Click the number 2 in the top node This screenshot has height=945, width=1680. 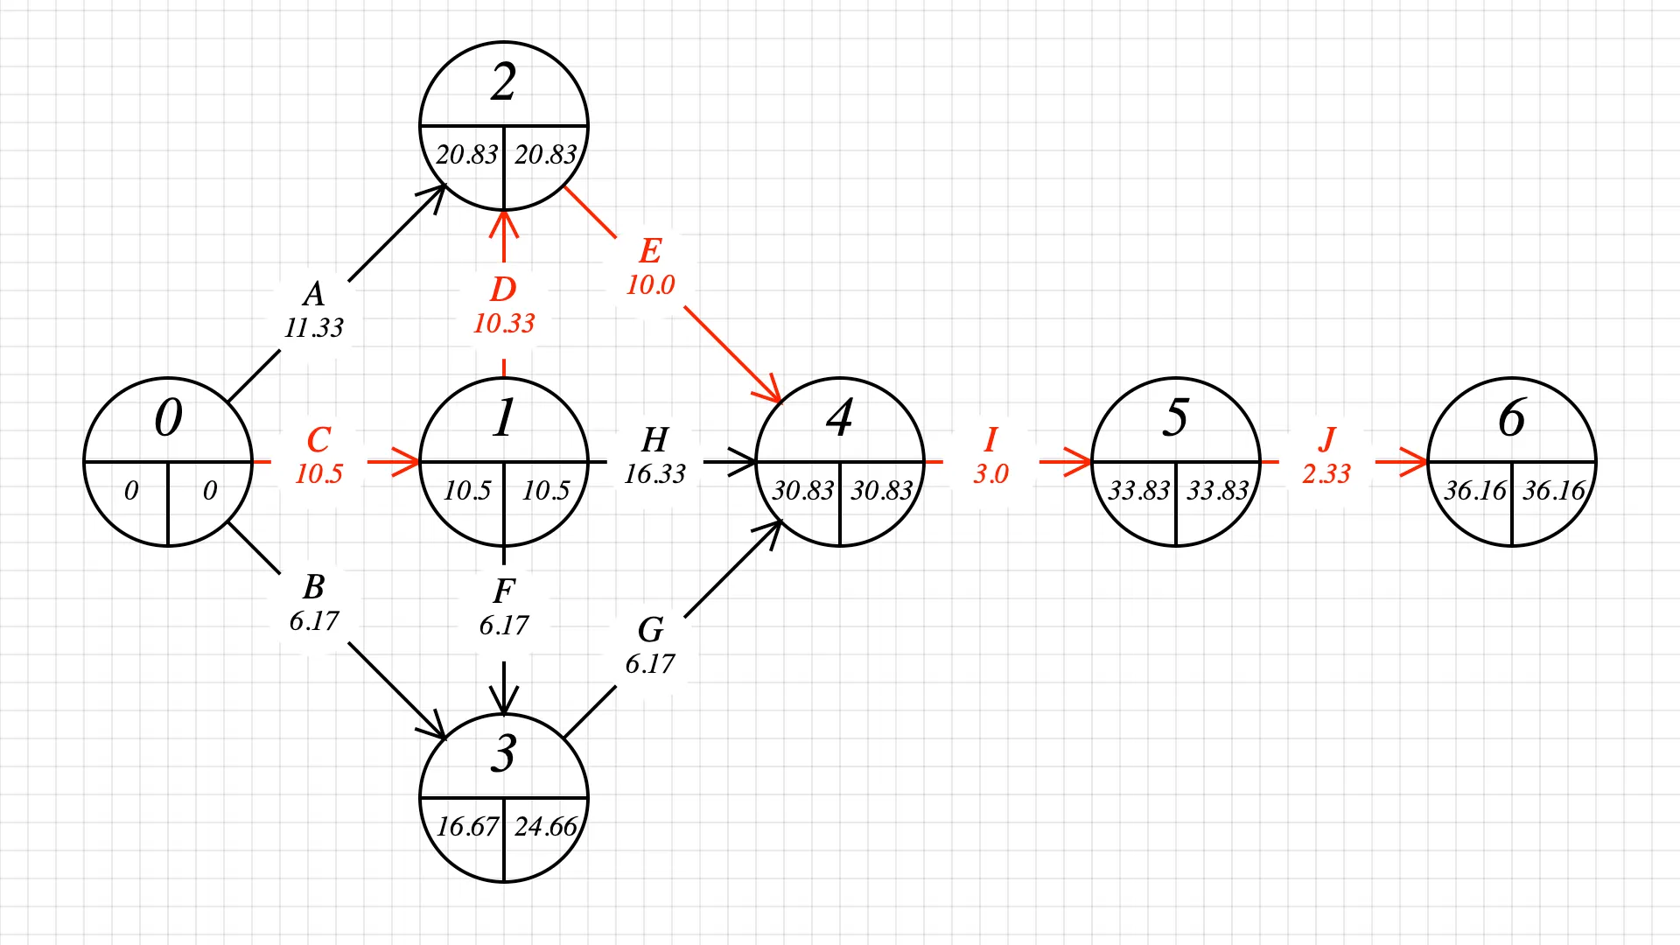pos(503,83)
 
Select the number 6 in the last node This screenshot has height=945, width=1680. pos(1511,418)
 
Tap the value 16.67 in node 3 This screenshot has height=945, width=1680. pos(466,826)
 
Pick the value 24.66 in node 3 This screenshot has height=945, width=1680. pos(545,826)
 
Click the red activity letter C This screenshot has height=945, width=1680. pos(318,439)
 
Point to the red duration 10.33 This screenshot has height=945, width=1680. pos(504,324)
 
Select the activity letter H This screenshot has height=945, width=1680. pos(654,439)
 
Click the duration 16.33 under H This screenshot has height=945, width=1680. pos(654,474)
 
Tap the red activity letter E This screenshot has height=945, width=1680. pos(650,251)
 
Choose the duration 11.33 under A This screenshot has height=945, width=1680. pos(314,328)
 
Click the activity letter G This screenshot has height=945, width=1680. pos(650,630)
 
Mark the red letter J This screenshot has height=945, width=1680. pos(1326,439)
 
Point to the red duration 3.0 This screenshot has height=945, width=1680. pos(990,474)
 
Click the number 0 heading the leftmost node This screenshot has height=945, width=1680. pos(168,418)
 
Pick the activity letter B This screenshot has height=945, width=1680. pos(314,586)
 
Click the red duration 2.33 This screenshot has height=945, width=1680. pos(1326,474)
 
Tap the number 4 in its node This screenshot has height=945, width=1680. pos(839,418)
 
